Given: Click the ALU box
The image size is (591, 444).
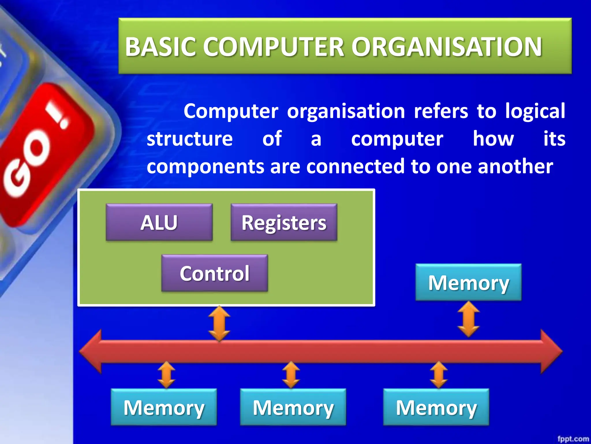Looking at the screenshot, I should (x=159, y=222).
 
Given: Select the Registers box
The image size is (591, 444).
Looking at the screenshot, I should (x=284, y=222).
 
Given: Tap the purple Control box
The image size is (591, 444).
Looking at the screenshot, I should (x=214, y=273).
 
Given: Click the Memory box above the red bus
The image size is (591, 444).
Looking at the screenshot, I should (x=468, y=282).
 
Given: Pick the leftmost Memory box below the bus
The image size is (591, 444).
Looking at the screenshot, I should (x=164, y=407).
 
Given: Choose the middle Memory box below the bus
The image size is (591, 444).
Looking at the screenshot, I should (x=293, y=407).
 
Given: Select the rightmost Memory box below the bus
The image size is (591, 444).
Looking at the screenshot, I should (x=436, y=407).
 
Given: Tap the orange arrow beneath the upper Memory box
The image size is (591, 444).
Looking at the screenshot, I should (x=469, y=319).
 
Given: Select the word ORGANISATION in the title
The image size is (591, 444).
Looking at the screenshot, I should (x=446, y=47).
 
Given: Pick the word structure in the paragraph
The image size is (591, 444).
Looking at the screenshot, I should (x=190, y=139).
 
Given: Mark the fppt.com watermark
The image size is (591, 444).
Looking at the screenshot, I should (x=573, y=439).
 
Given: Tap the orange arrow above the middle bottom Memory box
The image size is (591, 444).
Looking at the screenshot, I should (x=291, y=375).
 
